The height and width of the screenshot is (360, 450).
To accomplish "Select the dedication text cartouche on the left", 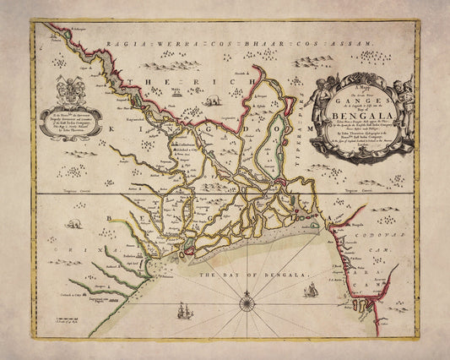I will point(67,123).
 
